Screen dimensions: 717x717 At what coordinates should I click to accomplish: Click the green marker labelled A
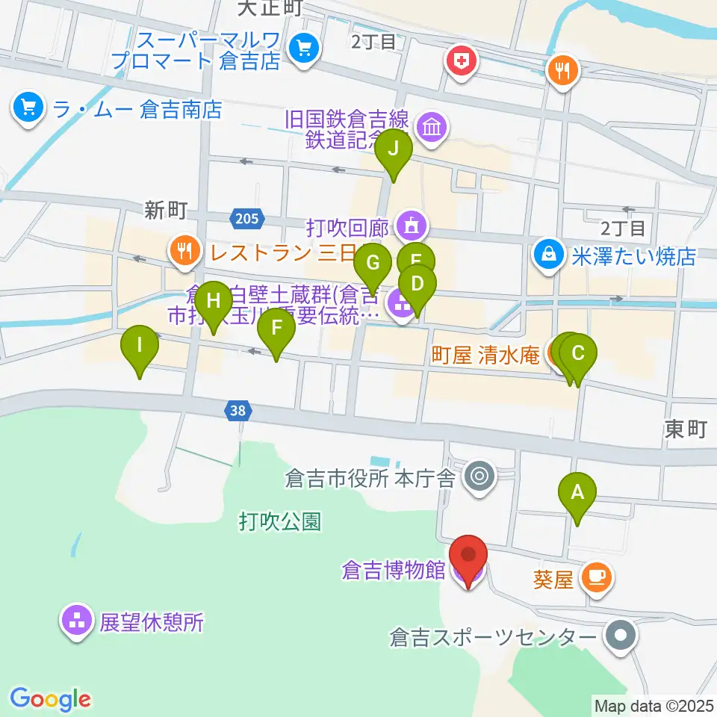577,493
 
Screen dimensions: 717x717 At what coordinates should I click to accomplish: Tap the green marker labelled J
394,149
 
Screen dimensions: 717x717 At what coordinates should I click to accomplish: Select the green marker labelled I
140,346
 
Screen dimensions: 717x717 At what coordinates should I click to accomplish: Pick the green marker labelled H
214,301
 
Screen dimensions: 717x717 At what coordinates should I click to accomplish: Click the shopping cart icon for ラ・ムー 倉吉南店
28,109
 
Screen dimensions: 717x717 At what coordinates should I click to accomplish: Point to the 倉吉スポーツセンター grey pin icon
620,637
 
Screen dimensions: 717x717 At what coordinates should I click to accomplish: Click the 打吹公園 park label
280,521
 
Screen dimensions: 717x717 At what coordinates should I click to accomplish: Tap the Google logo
51,699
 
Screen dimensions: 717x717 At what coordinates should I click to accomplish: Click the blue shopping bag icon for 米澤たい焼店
549,254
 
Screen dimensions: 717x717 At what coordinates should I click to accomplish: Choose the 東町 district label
685,429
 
